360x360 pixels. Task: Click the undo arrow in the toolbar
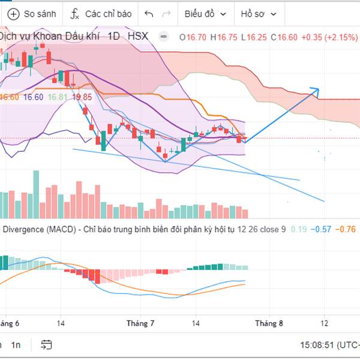(x=149, y=13)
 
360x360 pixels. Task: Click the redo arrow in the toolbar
(x=166, y=13)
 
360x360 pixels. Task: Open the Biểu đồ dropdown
(x=206, y=13)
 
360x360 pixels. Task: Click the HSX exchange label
(x=137, y=37)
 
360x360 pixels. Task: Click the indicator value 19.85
(x=82, y=97)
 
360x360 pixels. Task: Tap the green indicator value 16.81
(x=58, y=97)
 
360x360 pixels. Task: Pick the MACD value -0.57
(x=322, y=229)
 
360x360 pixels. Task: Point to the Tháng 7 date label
(x=140, y=323)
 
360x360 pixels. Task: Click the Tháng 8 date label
(x=268, y=323)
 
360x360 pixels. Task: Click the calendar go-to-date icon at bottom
(x=46, y=345)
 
